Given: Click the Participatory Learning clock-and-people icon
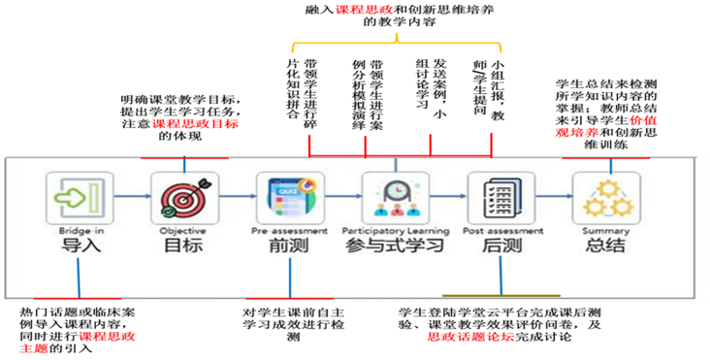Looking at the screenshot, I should (x=395, y=198).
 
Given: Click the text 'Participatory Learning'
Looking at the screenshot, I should (x=395, y=231).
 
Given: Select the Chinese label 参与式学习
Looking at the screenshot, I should (x=395, y=246).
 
